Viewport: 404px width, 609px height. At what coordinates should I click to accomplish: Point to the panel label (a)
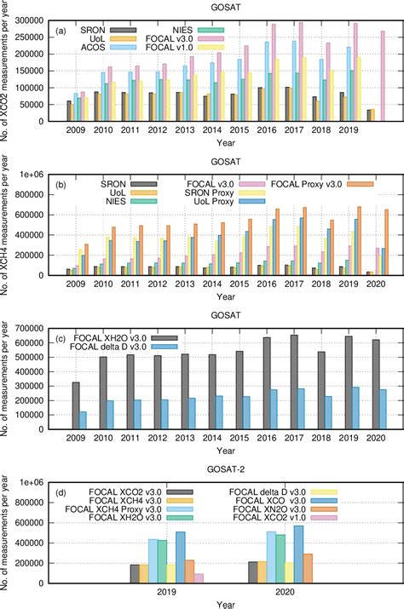(x=62, y=31)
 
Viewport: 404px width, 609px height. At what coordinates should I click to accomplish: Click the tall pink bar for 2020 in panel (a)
(x=384, y=76)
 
